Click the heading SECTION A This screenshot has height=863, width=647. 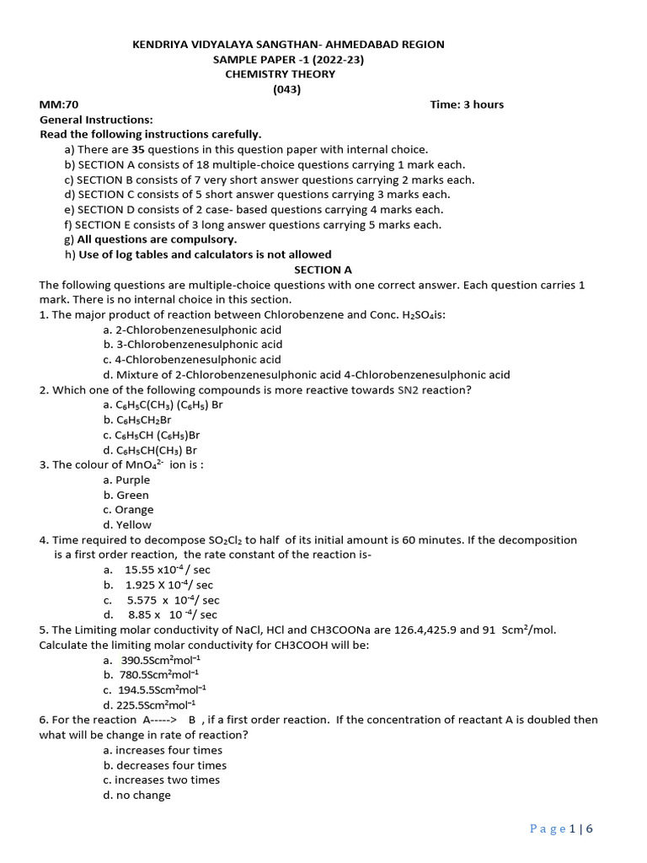click(x=323, y=270)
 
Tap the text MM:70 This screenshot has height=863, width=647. click(x=59, y=105)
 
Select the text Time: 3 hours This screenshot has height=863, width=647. click(x=467, y=105)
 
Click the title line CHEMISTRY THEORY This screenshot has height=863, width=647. click(x=280, y=74)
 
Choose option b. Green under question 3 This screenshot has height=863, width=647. click(x=126, y=495)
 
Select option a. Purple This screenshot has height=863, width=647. click(x=126, y=480)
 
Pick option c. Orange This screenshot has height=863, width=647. click(x=128, y=510)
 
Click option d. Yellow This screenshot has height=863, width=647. click(x=127, y=525)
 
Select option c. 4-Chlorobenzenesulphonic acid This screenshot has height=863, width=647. click(x=192, y=360)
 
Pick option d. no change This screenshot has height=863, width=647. click(x=136, y=795)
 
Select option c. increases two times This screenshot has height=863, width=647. click(x=161, y=780)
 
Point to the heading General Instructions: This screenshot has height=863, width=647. click(x=96, y=120)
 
